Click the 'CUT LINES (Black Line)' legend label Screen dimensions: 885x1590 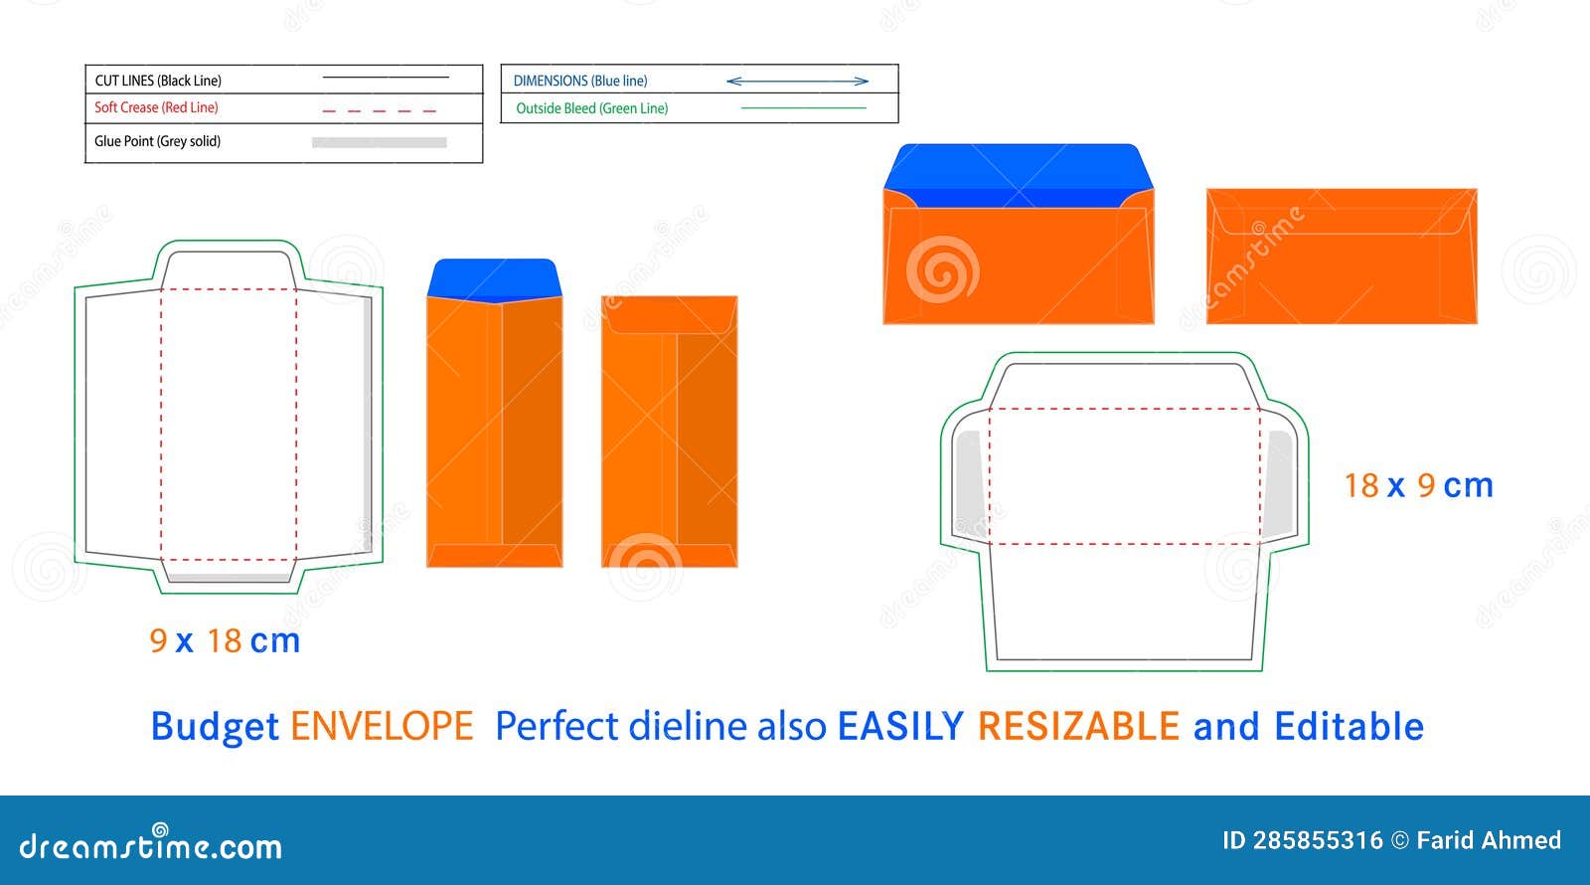[158, 81]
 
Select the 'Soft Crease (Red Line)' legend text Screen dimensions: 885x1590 [156, 107]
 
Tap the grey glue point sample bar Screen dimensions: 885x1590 [379, 142]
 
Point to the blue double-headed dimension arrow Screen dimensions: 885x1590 [797, 81]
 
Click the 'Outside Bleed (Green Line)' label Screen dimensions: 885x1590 [591, 108]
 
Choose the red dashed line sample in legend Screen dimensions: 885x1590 [379, 110]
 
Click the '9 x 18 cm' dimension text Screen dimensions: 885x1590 [225, 640]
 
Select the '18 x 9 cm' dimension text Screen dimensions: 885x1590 [1418, 485]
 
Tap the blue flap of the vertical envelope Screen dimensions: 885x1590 [494, 277]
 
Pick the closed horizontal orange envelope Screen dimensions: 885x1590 [1341, 256]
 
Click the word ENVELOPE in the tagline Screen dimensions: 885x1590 [382, 727]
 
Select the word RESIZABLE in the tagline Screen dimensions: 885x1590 [1078, 727]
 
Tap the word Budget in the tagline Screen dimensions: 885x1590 [214, 727]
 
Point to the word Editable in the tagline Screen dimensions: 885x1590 [1349, 727]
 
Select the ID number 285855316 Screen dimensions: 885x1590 [1317, 840]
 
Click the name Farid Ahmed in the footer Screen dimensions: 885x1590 [1488, 840]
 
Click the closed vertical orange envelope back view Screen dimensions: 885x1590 [669, 432]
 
